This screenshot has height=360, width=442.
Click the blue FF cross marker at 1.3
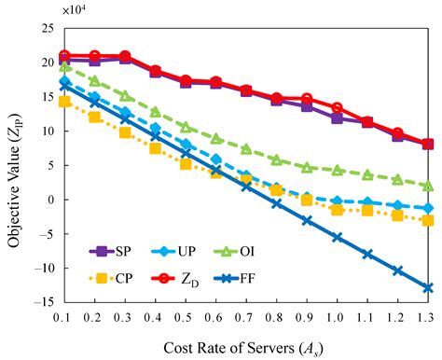coord(427,288)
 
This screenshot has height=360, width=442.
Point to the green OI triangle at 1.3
coord(427,186)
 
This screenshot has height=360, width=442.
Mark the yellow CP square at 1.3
coord(427,220)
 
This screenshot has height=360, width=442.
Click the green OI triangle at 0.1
coord(64,67)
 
